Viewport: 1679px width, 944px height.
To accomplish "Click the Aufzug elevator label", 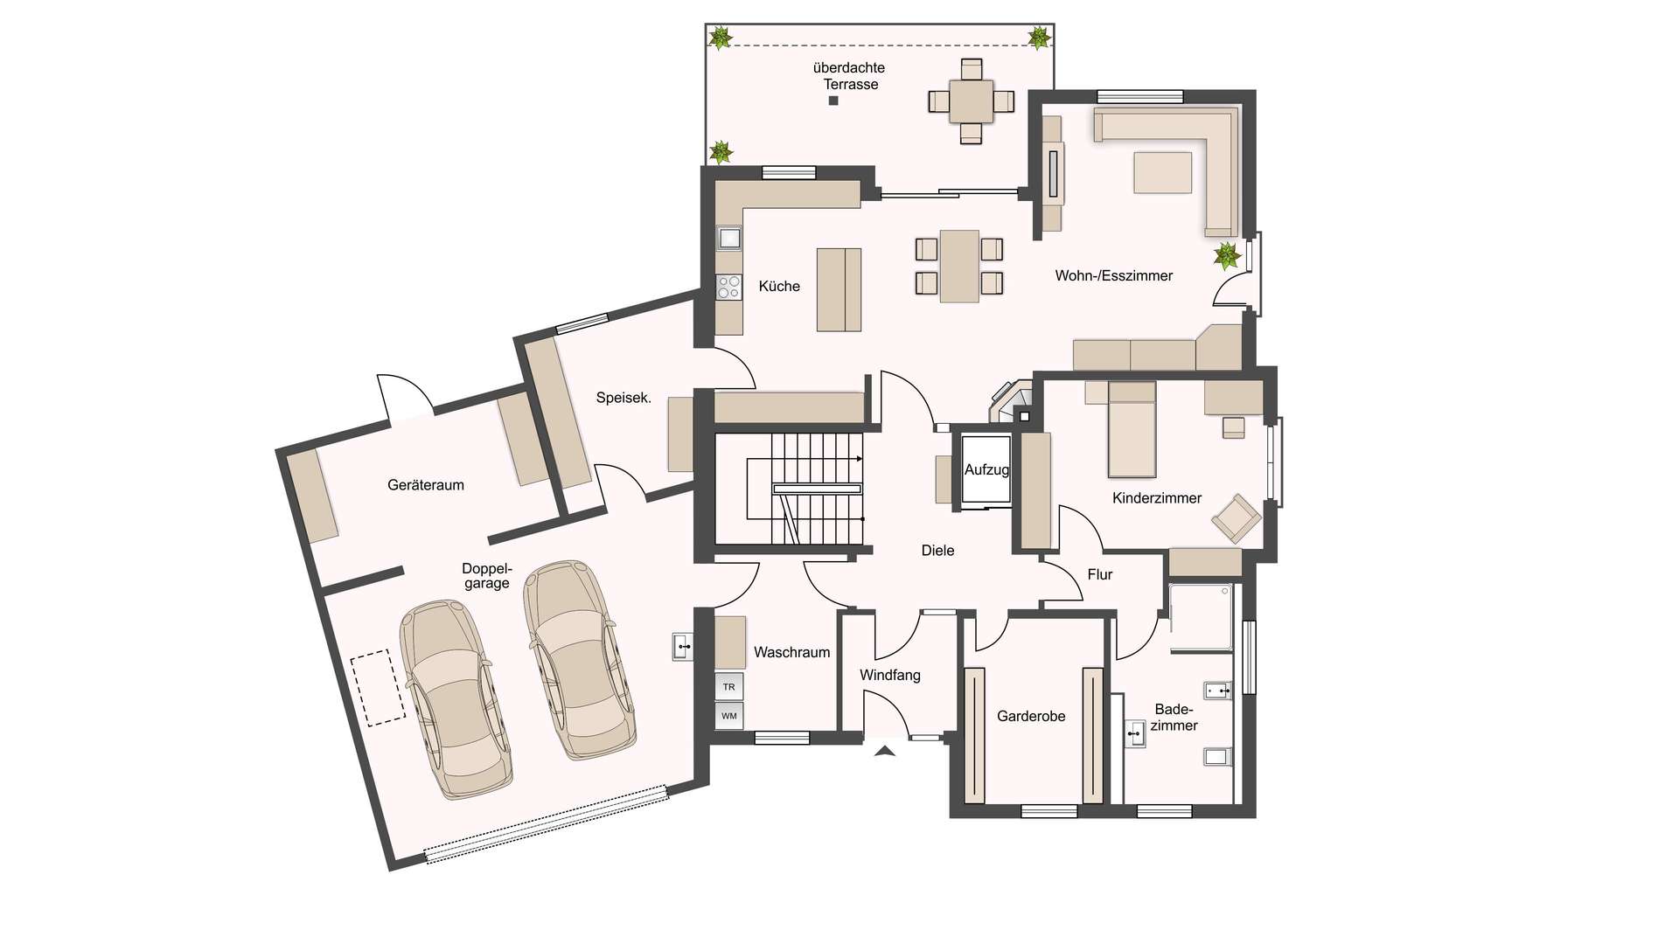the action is point(986,470).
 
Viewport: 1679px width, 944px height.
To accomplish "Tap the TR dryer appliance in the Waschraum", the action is point(729,686).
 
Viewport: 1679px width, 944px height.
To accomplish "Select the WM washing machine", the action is point(729,716).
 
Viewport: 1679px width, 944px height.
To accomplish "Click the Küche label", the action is point(779,286).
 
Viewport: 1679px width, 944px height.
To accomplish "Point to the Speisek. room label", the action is point(624,398).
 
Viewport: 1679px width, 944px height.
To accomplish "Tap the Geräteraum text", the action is point(426,485).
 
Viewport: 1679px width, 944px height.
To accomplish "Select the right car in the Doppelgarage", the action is point(579,660).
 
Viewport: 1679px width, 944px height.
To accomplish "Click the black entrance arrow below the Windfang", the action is point(885,750).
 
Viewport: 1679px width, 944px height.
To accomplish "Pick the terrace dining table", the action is point(972,101).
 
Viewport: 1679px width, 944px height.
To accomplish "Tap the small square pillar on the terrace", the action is point(833,101).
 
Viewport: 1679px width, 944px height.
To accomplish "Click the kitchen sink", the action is point(728,238).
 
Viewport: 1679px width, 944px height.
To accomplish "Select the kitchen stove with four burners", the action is point(728,287).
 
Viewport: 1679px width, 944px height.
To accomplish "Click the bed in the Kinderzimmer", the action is point(1132,429).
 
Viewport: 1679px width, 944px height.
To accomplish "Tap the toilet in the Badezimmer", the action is point(1217,756).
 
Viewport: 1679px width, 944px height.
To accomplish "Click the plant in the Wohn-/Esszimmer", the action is point(1227,255).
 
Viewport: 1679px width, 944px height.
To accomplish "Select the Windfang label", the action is point(890,676).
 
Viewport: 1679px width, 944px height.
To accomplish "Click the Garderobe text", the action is point(1031,717).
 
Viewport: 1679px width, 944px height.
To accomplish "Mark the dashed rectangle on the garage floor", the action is point(379,688).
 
